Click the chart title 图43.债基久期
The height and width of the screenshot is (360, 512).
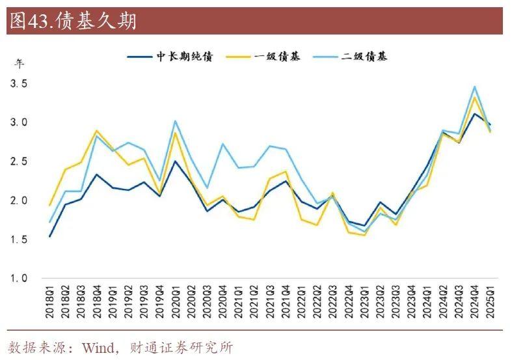pos(72,21)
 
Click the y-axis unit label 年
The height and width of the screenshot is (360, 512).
pos(20,64)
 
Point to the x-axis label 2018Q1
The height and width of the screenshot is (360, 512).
pos(51,301)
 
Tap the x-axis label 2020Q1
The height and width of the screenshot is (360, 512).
pos(176,301)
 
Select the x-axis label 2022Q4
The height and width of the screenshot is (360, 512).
pos(349,301)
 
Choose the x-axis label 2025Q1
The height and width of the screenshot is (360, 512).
pos(489,301)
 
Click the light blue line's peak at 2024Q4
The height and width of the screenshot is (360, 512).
pos(475,87)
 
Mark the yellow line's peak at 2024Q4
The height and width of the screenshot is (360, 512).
pos(475,98)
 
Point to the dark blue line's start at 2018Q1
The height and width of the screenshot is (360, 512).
pos(50,236)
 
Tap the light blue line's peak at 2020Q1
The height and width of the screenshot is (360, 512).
pos(175,121)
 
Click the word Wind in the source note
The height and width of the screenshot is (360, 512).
pos(96,347)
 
